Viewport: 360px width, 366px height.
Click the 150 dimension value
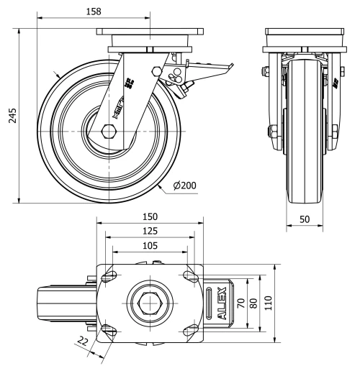(149, 216)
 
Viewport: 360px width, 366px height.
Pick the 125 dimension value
(149, 231)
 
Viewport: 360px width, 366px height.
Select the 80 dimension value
(253, 303)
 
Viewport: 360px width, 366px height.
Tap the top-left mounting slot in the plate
(110, 277)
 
